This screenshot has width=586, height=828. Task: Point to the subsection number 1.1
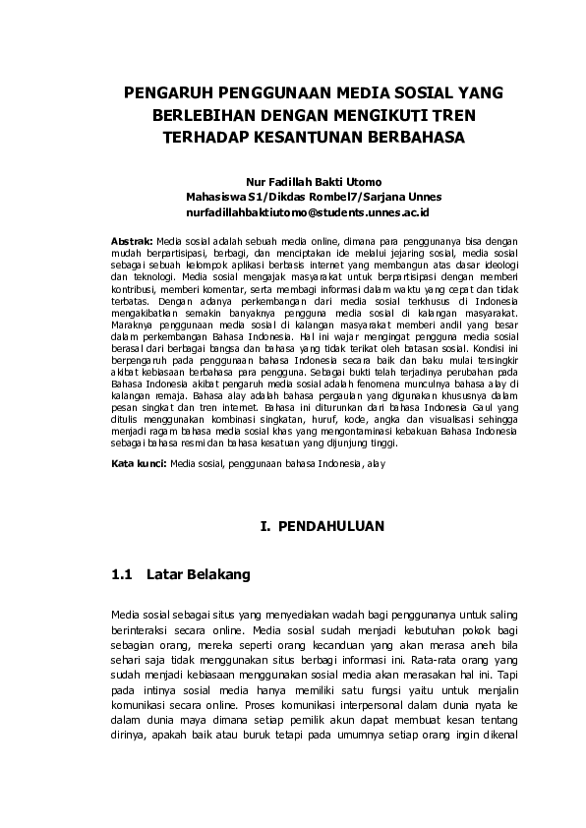[x=123, y=573]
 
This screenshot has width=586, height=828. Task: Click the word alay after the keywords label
[x=376, y=461]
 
